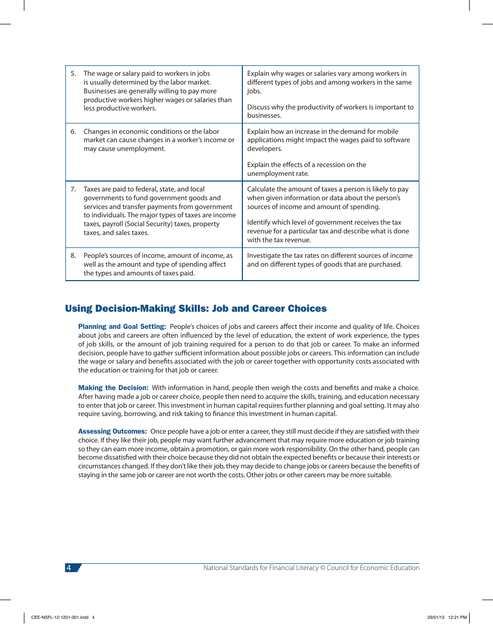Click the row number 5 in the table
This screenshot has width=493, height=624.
[73, 74]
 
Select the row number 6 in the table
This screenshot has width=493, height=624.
[73, 132]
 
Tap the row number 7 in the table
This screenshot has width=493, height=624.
[73, 189]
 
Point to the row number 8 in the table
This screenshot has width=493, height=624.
[73, 256]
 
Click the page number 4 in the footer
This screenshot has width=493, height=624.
[69, 568]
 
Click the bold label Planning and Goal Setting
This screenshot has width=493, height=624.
[122, 327]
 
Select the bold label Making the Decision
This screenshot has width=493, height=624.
[113, 388]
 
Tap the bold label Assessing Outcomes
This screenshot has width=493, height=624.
[113, 432]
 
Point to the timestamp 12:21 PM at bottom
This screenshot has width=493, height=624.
[457, 617]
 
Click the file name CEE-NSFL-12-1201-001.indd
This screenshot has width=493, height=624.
[60, 617]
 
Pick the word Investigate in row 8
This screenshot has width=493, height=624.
[264, 256]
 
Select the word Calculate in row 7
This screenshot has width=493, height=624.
[262, 189]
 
